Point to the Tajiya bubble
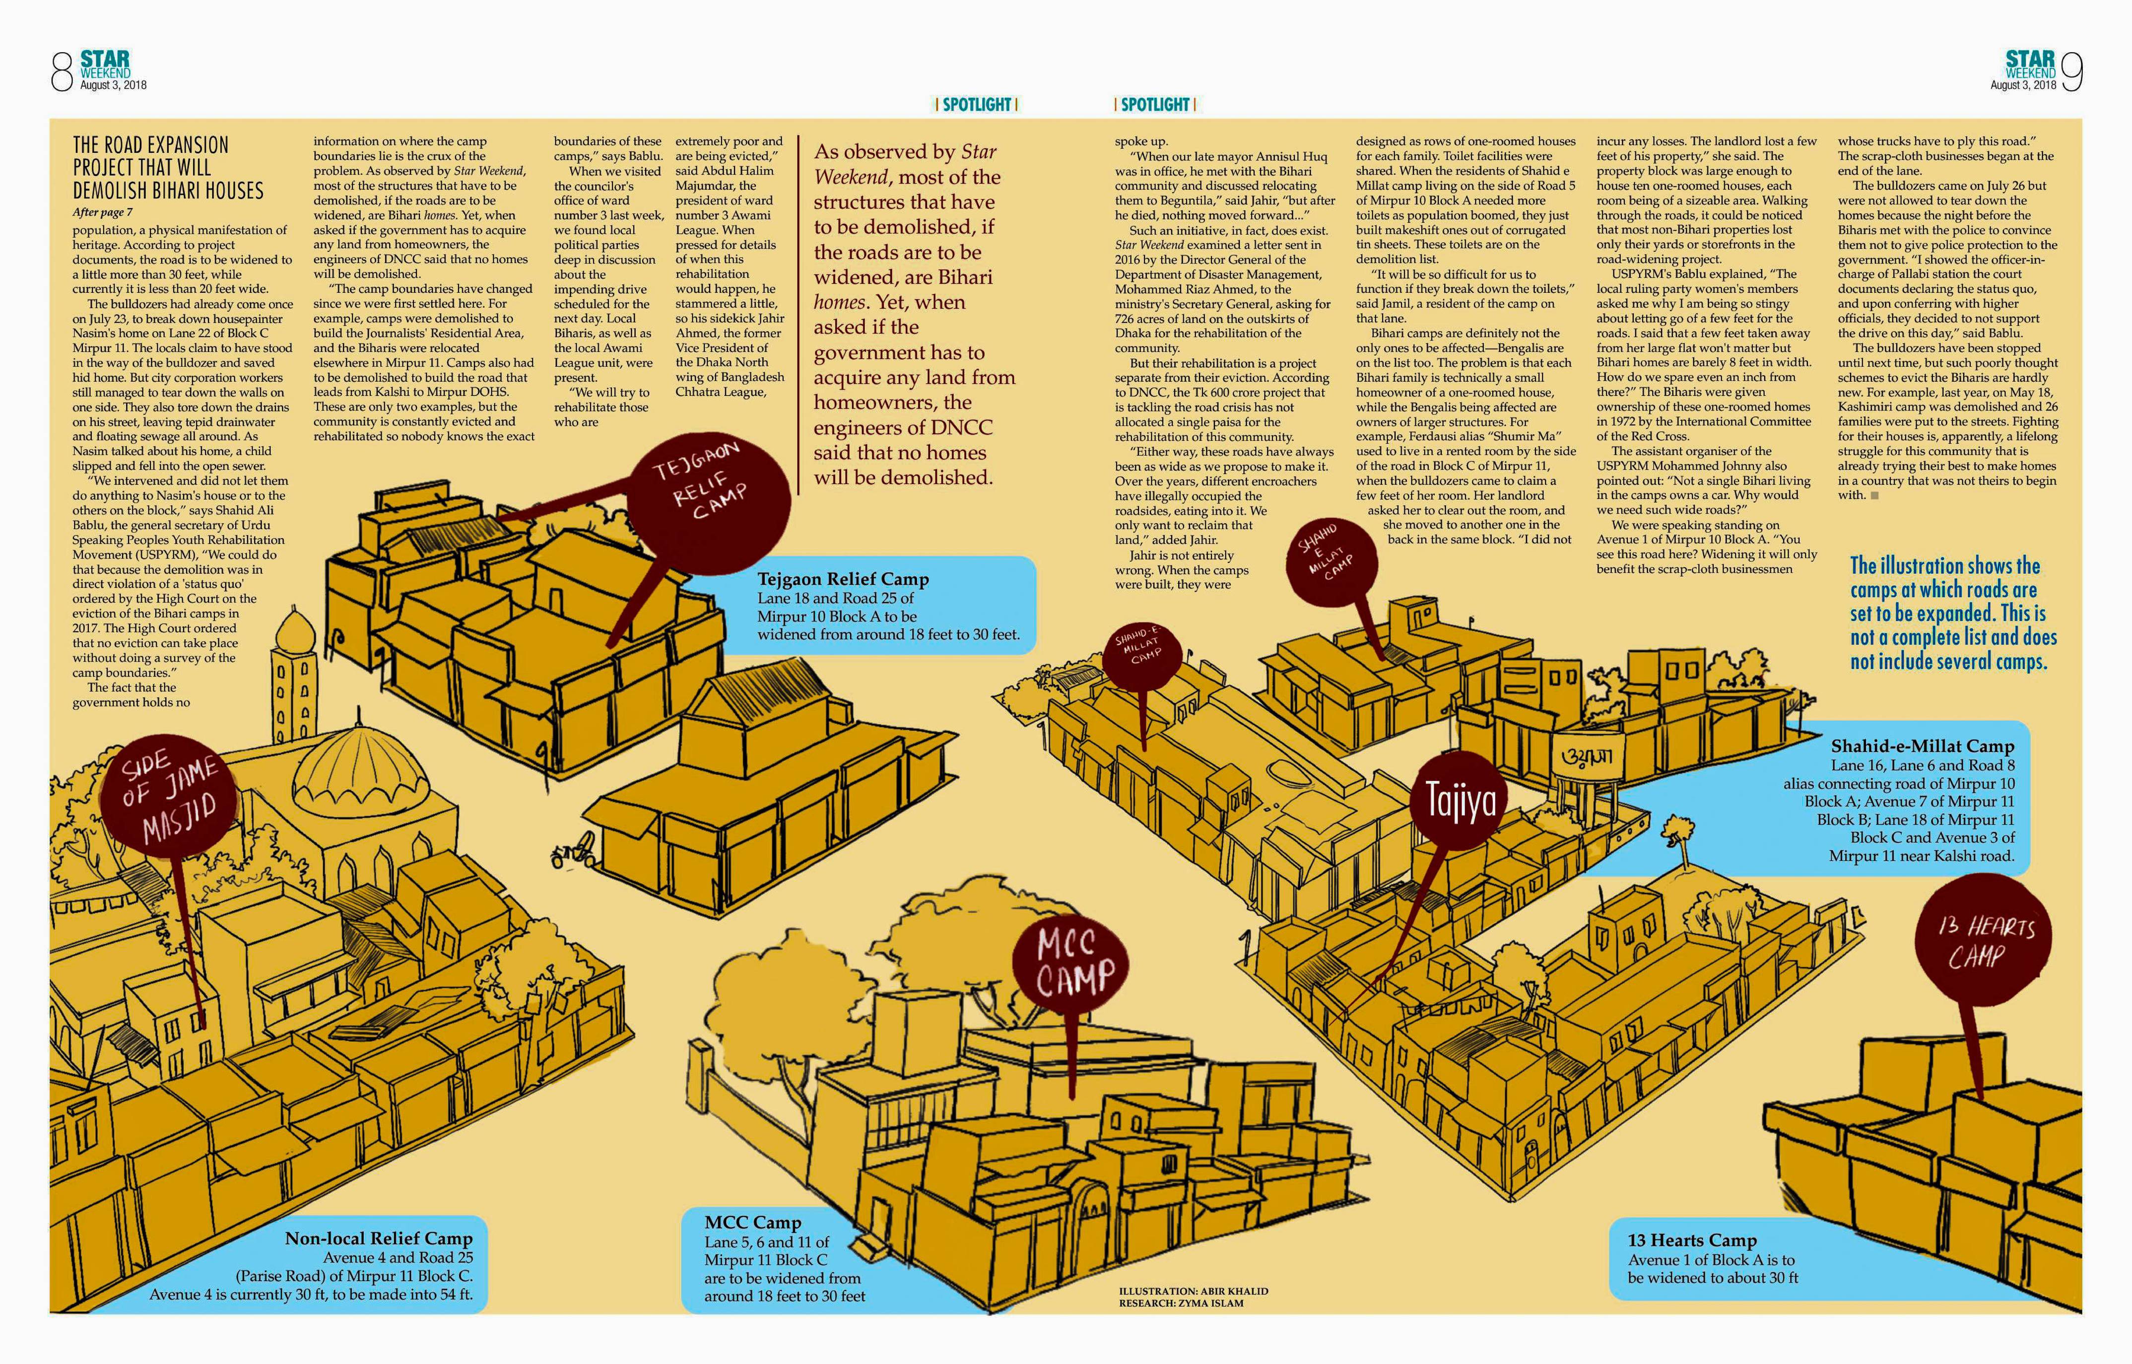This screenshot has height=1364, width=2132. (1461, 801)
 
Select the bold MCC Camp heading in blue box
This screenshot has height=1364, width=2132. (752, 1222)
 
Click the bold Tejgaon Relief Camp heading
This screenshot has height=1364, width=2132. (843, 579)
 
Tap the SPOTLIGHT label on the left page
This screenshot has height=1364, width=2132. (977, 105)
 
